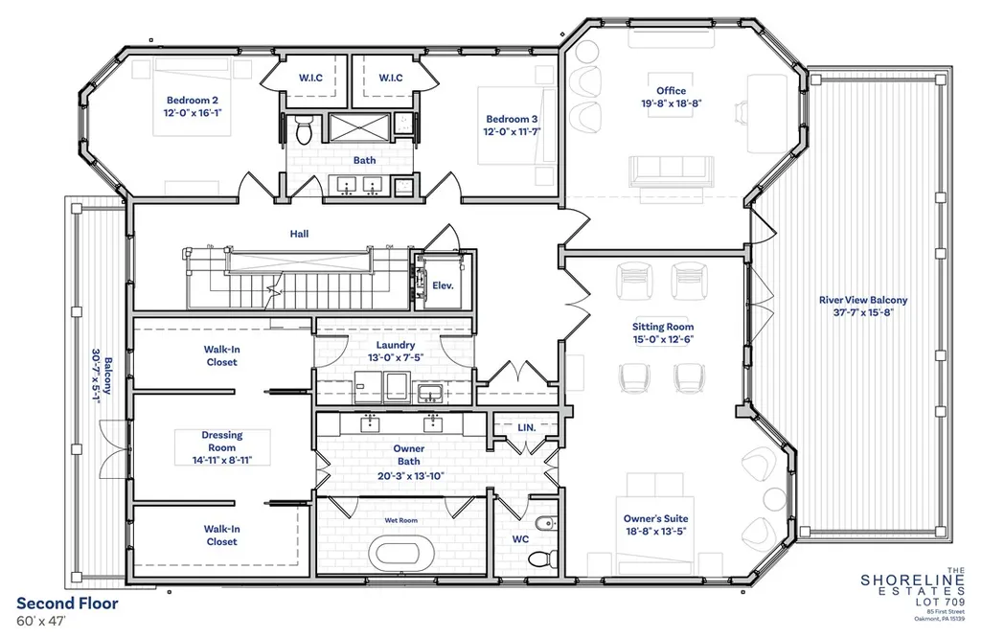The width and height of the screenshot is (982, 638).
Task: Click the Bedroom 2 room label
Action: point(193,101)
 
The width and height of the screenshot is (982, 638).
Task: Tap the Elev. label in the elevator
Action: point(443,285)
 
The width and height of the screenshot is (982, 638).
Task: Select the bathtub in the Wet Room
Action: point(400,554)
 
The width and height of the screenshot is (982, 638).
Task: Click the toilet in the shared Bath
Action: point(304,129)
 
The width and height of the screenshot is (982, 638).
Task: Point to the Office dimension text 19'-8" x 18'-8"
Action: point(671,103)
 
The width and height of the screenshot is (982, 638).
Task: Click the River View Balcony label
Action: point(863,300)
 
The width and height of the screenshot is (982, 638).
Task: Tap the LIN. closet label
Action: point(527,427)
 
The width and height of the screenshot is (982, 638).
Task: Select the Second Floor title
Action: point(67,604)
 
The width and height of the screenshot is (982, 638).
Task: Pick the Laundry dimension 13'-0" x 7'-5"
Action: point(396,358)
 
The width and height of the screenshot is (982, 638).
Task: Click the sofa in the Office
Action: point(671,171)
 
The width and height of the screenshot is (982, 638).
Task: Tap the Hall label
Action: point(299,234)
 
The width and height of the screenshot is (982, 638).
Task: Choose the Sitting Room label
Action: point(663,327)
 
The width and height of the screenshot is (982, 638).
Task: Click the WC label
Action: point(520,539)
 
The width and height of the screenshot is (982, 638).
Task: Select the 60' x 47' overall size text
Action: point(40,621)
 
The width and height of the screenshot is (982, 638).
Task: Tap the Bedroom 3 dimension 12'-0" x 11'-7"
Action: point(512,132)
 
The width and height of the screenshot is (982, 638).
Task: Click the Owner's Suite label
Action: point(655,518)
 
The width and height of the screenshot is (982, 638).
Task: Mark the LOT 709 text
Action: point(940,602)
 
